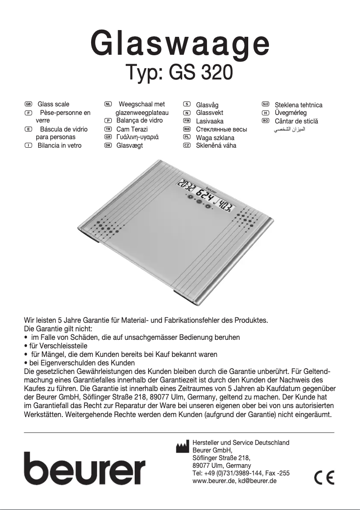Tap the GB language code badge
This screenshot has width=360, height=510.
click(28, 104)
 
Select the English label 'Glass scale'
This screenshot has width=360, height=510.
click(53, 104)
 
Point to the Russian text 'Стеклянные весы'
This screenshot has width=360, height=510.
click(221, 129)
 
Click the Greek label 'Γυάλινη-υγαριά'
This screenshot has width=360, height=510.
click(137, 137)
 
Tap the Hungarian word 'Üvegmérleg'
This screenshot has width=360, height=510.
click(290, 113)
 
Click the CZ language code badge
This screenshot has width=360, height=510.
click(187, 145)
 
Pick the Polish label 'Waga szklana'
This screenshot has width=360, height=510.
click(215, 138)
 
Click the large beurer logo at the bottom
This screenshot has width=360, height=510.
click(84, 467)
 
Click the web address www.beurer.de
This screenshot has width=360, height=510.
click(212, 481)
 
